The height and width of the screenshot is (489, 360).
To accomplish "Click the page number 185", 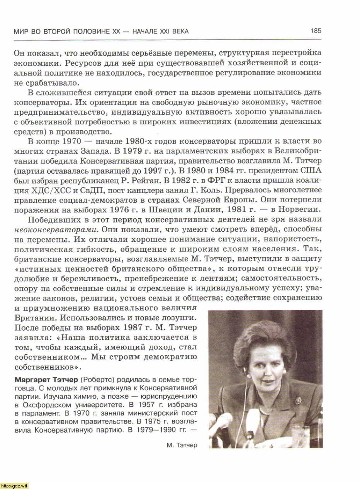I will click(x=316, y=31).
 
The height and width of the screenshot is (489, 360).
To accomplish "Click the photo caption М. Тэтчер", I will click(x=182, y=445).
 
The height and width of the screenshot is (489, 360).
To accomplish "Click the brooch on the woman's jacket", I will click(x=298, y=401).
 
